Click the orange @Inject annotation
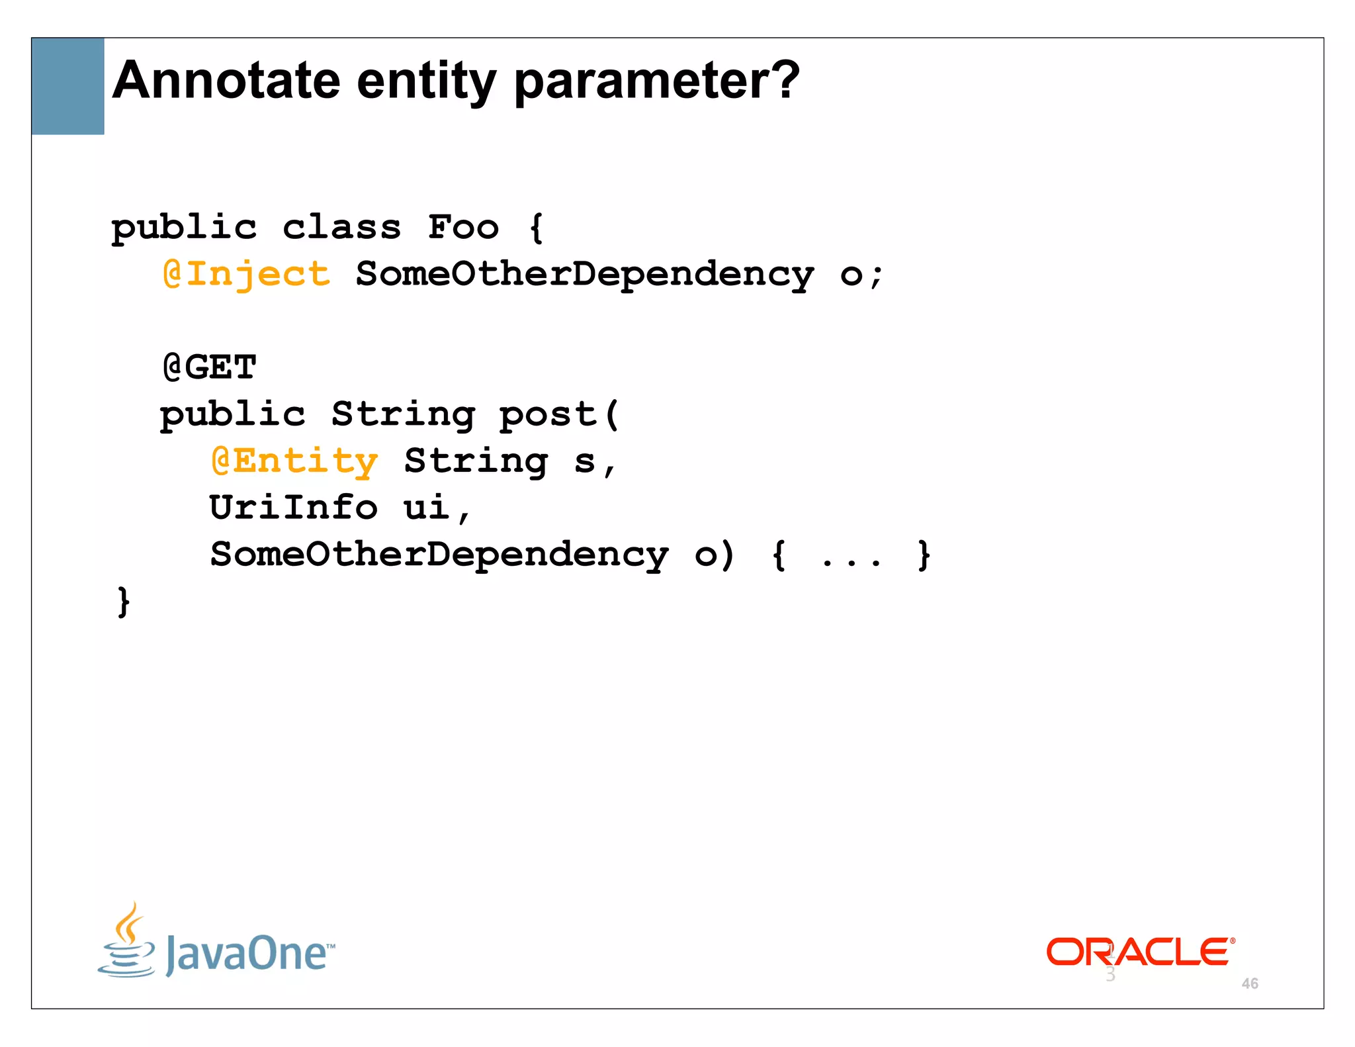pos(246,275)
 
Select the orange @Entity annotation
pos(294,461)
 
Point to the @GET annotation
pos(209,367)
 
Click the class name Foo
pos(463,228)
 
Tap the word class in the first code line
pos(341,228)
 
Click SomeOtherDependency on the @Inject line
pos(585,275)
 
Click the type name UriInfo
pos(294,508)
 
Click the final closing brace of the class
pos(123,602)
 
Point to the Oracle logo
pos(1139,952)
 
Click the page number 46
pos(1250,983)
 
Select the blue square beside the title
pos(67,86)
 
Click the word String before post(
pos(403,415)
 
